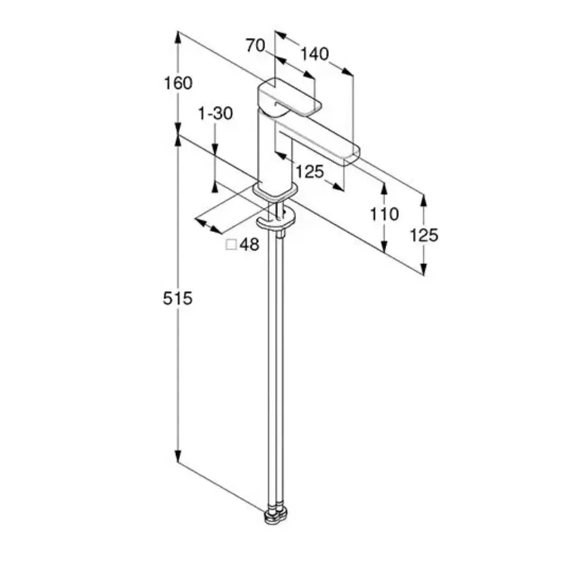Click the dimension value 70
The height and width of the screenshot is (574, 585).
coord(255,46)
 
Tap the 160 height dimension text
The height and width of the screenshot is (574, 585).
coord(178,83)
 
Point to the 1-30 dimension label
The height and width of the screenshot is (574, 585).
coord(215,113)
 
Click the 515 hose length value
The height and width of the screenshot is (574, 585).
coord(178,298)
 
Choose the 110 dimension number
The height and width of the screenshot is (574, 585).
coord(385,215)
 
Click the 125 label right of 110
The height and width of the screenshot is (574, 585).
coord(425,235)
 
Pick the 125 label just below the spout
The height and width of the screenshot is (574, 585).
coord(310,171)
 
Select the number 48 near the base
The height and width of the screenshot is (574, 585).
coord(249,245)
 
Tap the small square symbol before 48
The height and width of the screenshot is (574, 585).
coord(231,245)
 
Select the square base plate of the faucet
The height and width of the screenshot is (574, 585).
coord(276,192)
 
